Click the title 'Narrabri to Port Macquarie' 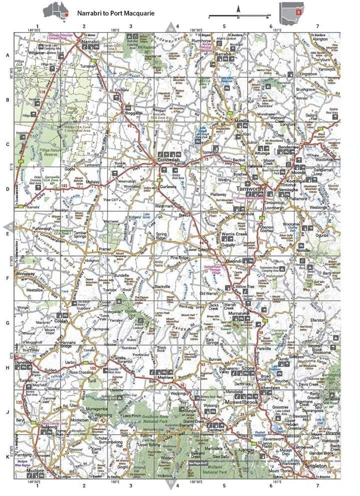click(116, 13)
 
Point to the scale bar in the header click(239, 16)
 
